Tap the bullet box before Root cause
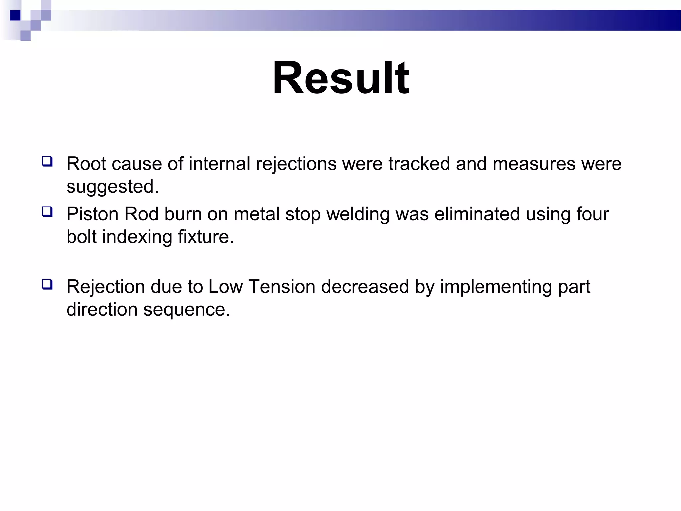point(47,162)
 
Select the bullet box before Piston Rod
point(47,212)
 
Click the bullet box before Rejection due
point(47,285)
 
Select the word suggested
point(112,186)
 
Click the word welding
point(358,214)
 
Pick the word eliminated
point(477,214)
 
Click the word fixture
point(206,237)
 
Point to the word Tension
point(282,287)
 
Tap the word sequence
point(187,310)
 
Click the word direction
point(102,310)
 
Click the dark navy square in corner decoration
point(15,15)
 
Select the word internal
point(219,164)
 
